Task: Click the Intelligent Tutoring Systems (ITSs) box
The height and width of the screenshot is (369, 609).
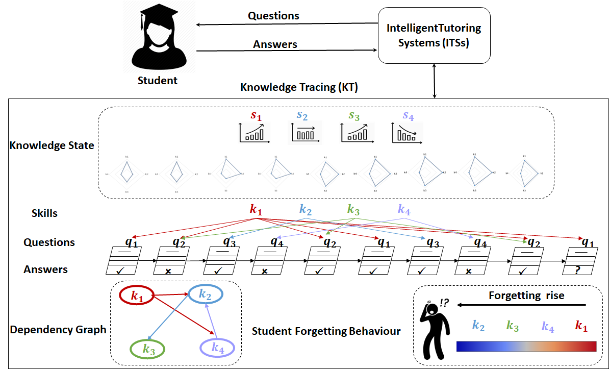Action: pyautogui.click(x=434, y=36)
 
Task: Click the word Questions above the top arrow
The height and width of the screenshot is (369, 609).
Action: pyautogui.click(x=273, y=16)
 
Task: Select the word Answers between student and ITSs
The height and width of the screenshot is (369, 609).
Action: pyautogui.click(x=275, y=44)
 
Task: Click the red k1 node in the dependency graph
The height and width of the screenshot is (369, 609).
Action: pyautogui.click(x=137, y=296)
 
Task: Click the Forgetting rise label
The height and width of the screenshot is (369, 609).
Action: pyautogui.click(x=526, y=296)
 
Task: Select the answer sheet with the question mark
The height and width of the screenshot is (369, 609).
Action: pyautogui.click(x=577, y=261)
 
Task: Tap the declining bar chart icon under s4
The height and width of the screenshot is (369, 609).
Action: pyautogui.click(x=408, y=133)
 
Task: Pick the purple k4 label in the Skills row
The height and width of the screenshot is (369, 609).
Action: pyautogui.click(x=404, y=209)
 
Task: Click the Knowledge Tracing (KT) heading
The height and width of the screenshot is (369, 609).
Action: pyautogui.click(x=299, y=87)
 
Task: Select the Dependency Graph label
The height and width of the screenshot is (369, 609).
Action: pyautogui.click(x=58, y=329)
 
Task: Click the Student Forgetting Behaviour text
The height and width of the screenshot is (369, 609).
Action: pyautogui.click(x=326, y=331)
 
